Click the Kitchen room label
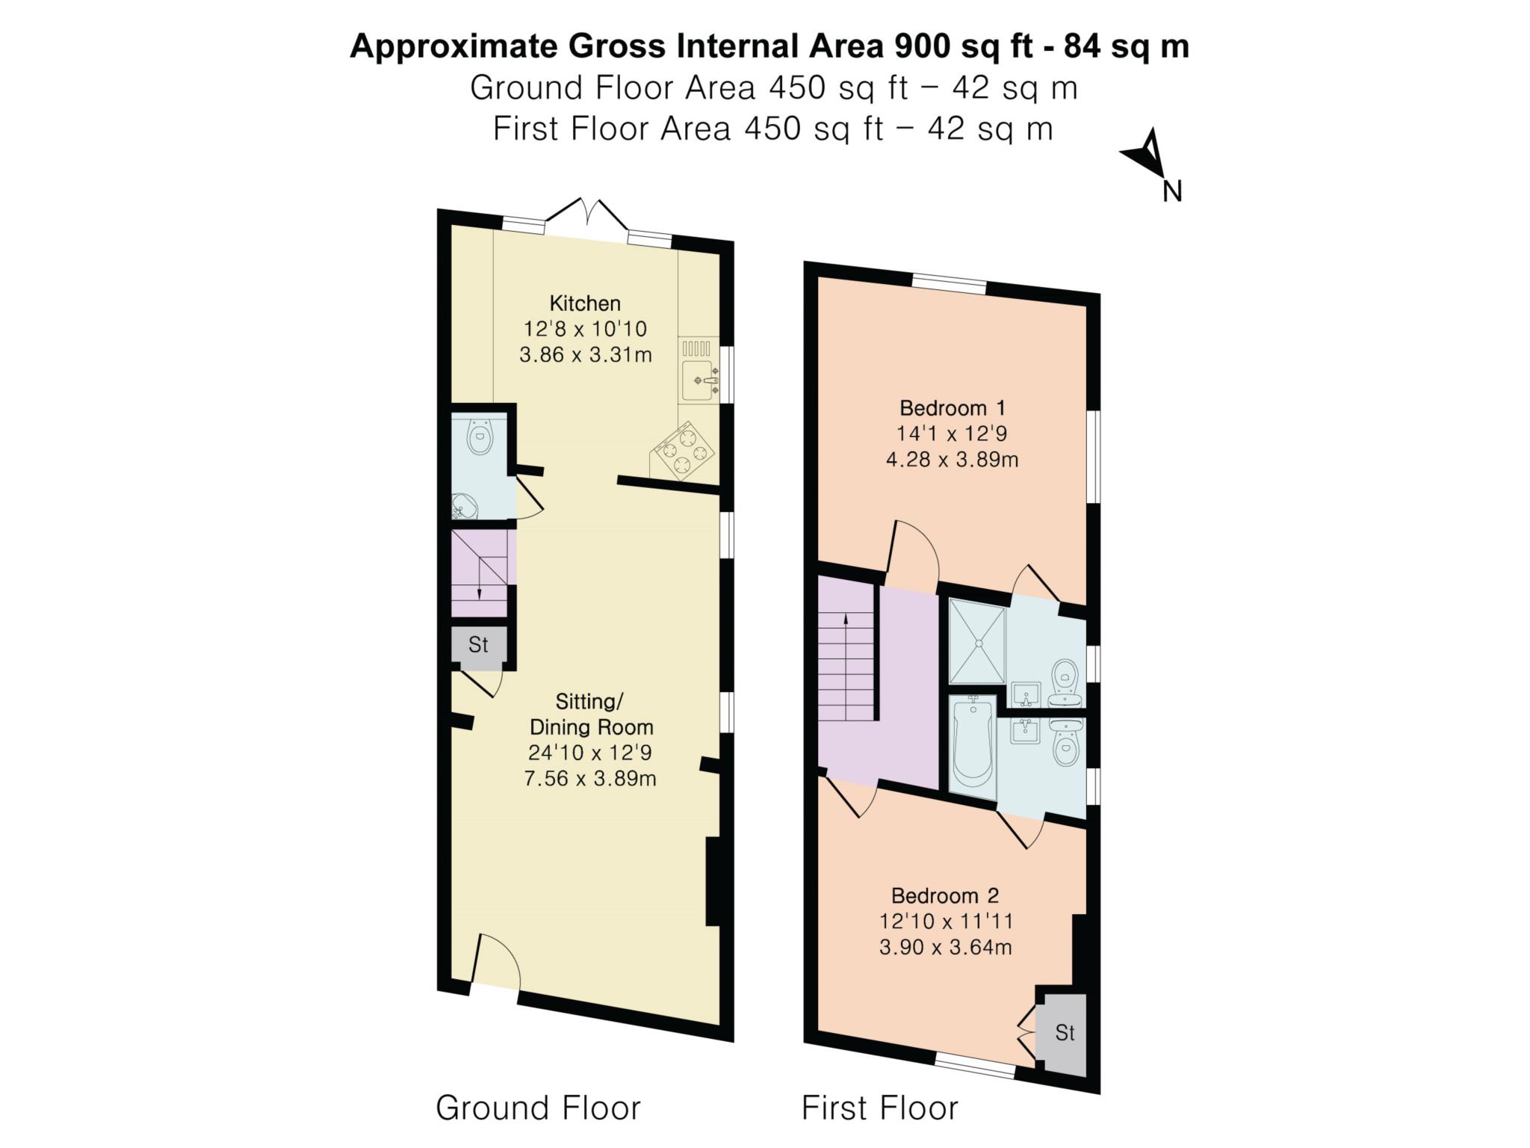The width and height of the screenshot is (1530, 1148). point(585,303)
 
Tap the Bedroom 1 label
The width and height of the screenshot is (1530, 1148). point(953,408)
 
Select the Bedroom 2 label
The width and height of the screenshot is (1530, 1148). point(945,895)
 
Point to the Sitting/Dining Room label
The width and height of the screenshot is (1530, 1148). point(591,714)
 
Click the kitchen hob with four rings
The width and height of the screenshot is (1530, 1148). point(684,450)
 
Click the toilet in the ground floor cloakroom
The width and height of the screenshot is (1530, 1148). point(479,436)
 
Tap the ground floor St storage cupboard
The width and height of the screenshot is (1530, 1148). point(478,644)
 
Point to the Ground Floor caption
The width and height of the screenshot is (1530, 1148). point(538,1108)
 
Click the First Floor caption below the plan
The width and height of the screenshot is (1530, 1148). point(880,1108)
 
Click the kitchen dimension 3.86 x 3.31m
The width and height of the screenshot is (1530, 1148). point(586,354)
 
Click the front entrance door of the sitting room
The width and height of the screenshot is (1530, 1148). point(496,961)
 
